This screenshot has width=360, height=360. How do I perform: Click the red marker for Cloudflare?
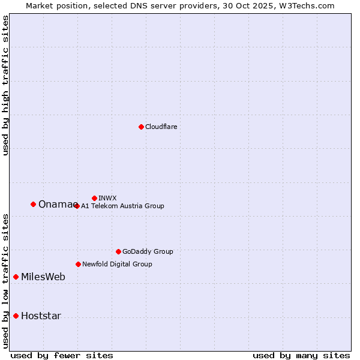(141, 127)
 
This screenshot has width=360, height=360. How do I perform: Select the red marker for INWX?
(94, 198)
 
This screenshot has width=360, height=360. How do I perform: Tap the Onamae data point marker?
(33, 204)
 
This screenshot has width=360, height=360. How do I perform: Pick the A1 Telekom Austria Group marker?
(76, 206)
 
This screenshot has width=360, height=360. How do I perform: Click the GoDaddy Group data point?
(118, 251)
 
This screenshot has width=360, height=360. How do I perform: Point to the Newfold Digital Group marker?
(78, 264)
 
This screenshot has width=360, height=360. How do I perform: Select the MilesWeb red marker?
(16, 277)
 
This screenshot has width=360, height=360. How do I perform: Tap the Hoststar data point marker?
(16, 316)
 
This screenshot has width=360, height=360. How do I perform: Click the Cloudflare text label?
(161, 127)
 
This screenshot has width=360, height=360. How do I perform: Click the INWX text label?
(107, 198)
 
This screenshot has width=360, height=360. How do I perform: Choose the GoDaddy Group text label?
(148, 251)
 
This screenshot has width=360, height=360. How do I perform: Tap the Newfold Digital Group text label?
(117, 264)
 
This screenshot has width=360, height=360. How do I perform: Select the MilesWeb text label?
(43, 277)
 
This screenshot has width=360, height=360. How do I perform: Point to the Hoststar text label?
(41, 316)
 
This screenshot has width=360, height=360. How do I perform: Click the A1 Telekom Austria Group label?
(122, 206)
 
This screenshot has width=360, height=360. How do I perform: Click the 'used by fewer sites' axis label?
(62, 355)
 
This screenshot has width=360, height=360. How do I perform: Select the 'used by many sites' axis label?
(301, 355)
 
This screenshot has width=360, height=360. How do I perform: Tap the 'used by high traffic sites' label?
(5, 85)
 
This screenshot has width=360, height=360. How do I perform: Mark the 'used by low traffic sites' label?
(5, 281)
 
